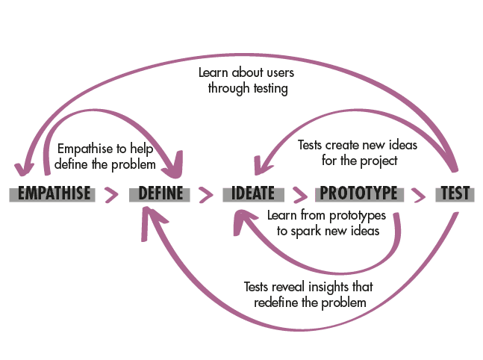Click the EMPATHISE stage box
click(54, 194)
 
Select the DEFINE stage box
click(161, 194)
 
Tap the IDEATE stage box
click(253, 194)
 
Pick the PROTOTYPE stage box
click(358, 194)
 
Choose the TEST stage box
click(455, 194)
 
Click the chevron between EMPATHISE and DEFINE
click(112, 195)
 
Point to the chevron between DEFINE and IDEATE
click(205, 195)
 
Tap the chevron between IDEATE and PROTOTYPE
click(299, 195)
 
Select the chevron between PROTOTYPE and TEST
click(420, 195)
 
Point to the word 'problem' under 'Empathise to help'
click(135, 163)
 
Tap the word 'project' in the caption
click(376, 159)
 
